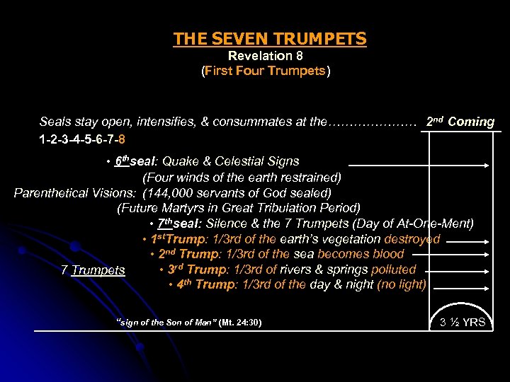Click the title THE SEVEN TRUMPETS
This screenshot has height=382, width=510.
pos(270,39)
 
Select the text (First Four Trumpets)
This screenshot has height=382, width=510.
pos(266,71)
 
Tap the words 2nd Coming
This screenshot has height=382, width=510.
pos(460,121)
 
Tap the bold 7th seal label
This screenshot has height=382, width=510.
pos(179,224)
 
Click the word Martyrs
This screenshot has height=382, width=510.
pos(186,208)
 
